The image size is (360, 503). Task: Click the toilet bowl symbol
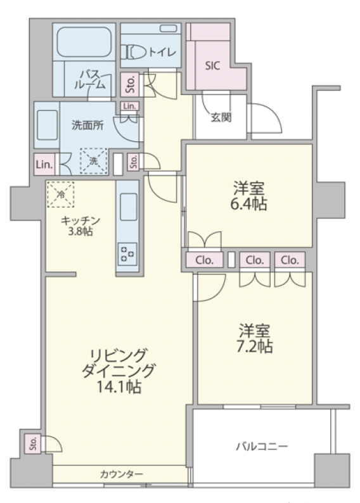[x=134, y=52]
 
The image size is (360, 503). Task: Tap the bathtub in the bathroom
[x=84, y=42]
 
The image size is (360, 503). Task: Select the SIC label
[x=212, y=66]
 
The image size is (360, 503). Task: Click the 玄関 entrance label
[x=221, y=118]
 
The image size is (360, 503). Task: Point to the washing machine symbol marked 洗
[x=93, y=161]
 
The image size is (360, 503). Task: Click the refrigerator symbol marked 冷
[x=61, y=194]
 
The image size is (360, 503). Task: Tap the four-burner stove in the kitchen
[x=127, y=253]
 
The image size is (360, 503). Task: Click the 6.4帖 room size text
[x=248, y=204]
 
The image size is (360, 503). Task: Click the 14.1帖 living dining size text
[x=119, y=387]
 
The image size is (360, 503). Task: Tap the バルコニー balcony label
[x=262, y=446]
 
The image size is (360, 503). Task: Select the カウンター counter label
[x=121, y=474]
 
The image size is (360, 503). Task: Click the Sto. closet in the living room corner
[x=33, y=443]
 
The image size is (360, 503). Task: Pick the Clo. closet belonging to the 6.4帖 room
[x=204, y=260]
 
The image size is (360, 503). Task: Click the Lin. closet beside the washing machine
[x=44, y=164]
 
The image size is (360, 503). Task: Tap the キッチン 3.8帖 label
[x=80, y=226]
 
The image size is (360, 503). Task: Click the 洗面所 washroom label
[x=87, y=125]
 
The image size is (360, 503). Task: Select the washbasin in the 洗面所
[x=47, y=125]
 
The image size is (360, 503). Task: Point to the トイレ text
[x=163, y=52]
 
